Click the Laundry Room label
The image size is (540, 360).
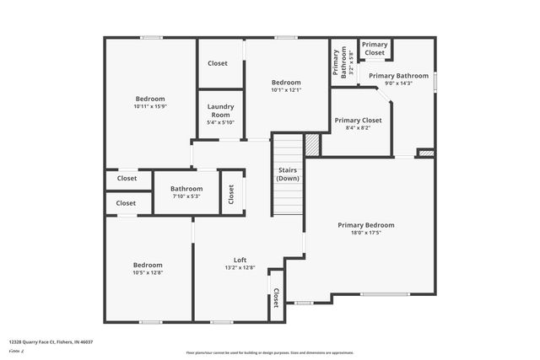[x=220, y=110]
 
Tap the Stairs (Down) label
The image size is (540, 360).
[x=289, y=175]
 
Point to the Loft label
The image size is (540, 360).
[x=240, y=260]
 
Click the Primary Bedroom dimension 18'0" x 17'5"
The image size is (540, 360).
[x=365, y=233]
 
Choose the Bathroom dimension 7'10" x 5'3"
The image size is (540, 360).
[x=186, y=196]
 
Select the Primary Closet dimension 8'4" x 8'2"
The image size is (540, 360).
[x=358, y=128]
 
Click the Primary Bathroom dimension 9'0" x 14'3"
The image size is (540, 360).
[x=399, y=83]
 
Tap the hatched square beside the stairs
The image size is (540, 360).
[x=313, y=144]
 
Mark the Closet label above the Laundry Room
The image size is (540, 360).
[x=218, y=63]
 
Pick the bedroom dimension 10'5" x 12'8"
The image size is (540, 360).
[x=147, y=272]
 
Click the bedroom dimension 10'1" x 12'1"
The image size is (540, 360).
[x=286, y=89]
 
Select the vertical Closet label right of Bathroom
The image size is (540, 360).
[x=232, y=193]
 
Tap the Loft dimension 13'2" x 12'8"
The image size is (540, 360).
[x=240, y=267]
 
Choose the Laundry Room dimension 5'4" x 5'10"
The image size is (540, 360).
[x=220, y=122]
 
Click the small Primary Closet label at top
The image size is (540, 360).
[x=375, y=49]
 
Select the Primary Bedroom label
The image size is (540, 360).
[x=365, y=225]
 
